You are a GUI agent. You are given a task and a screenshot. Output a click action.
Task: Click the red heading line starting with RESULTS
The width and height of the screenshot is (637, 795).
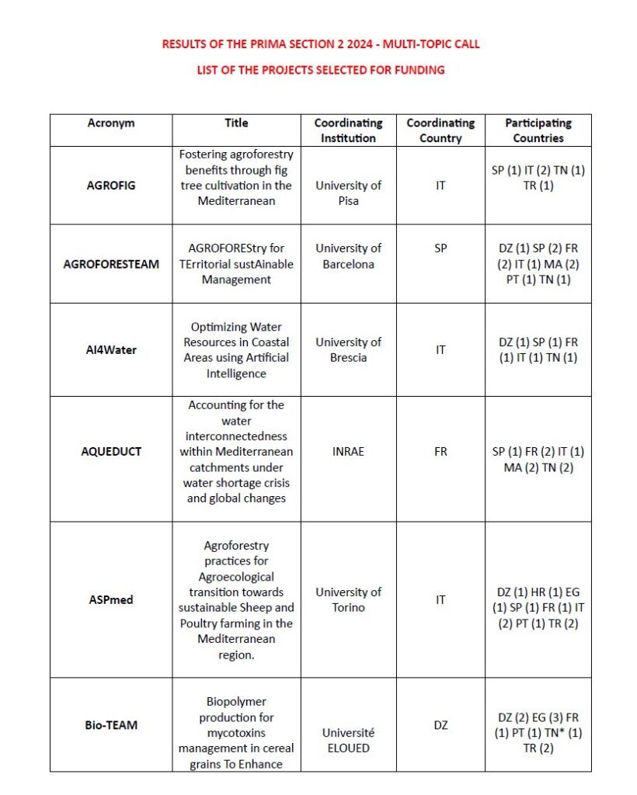pyautogui.click(x=320, y=44)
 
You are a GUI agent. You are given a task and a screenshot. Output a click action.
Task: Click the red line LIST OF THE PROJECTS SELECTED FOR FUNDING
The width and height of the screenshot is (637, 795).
pyautogui.click(x=320, y=70)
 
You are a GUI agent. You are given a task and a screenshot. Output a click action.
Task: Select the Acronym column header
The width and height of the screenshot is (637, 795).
pyautogui.click(x=111, y=123)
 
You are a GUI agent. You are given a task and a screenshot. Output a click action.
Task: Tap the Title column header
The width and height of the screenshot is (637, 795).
pyautogui.click(x=236, y=123)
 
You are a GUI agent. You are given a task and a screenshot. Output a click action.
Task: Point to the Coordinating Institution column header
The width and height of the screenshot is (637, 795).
pyautogui.click(x=348, y=130)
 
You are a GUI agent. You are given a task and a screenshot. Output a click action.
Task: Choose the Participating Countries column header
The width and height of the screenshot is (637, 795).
pyautogui.click(x=538, y=130)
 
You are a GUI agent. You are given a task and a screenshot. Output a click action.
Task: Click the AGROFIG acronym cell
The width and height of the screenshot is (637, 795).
pyautogui.click(x=111, y=186)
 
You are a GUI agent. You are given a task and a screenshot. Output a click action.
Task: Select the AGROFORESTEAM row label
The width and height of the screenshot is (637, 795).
pyautogui.click(x=111, y=264)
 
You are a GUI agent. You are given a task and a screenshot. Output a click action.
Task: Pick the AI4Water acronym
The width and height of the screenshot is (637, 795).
pyautogui.click(x=111, y=349)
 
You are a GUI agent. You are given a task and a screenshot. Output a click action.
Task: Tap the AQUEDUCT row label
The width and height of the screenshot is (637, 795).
pyautogui.click(x=111, y=451)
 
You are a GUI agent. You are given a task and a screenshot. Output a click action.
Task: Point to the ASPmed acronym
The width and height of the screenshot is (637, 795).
pyautogui.click(x=111, y=599)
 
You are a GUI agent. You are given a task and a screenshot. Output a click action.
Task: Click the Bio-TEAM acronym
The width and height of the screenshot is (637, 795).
pyautogui.click(x=111, y=725)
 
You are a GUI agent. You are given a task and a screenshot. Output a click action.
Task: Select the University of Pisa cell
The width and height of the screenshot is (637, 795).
pyautogui.click(x=348, y=193)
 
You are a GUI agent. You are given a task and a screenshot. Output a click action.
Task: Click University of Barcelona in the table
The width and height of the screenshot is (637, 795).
pyautogui.click(x=348, y=256)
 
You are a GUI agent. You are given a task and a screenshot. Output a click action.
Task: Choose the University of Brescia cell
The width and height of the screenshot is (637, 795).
pyautogui.click(x=348, y=349)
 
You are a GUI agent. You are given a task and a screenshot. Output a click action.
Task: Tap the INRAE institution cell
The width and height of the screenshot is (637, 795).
pyautogui.click(x=348, y=451)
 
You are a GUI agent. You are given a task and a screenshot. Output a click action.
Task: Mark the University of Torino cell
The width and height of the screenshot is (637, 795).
pyautogui.click(x=348, y=599)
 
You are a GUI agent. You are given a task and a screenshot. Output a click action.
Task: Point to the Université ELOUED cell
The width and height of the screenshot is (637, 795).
pyautogui.click(x=348, y=741)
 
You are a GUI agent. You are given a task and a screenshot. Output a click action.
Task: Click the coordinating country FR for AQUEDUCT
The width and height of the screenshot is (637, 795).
pyautogui.click(x=440, y=451)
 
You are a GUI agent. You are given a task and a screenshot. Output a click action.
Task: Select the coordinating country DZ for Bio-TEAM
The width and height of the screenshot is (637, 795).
pyautogui.click(x=440, y=725)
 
